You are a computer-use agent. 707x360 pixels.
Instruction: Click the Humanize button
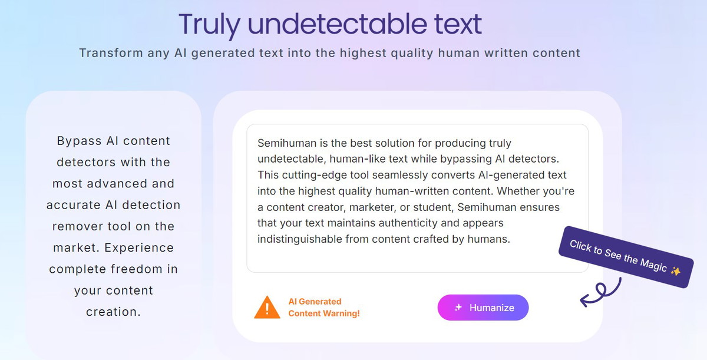[483, 308]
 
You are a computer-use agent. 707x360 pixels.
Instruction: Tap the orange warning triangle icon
[267, 308]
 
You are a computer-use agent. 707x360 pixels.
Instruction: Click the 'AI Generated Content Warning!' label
[324, 308]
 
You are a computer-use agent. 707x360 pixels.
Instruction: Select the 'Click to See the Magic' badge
[626, 257]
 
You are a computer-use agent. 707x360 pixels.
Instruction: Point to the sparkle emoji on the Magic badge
[676, 271]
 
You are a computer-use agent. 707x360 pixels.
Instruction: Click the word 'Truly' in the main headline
[210, 25]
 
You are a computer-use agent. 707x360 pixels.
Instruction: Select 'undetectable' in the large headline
[338, 24]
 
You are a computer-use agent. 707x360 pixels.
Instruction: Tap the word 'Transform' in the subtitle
[111, 53]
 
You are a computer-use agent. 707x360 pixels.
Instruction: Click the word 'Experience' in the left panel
[139, 248]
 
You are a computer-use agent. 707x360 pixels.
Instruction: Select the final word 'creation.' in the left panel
[113, 312]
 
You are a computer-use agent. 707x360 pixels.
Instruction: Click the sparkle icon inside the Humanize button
[458, 308]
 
